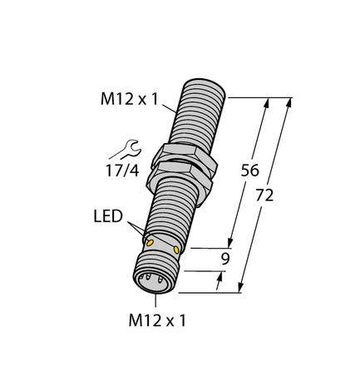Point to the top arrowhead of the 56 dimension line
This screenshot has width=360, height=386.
(266, 104)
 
